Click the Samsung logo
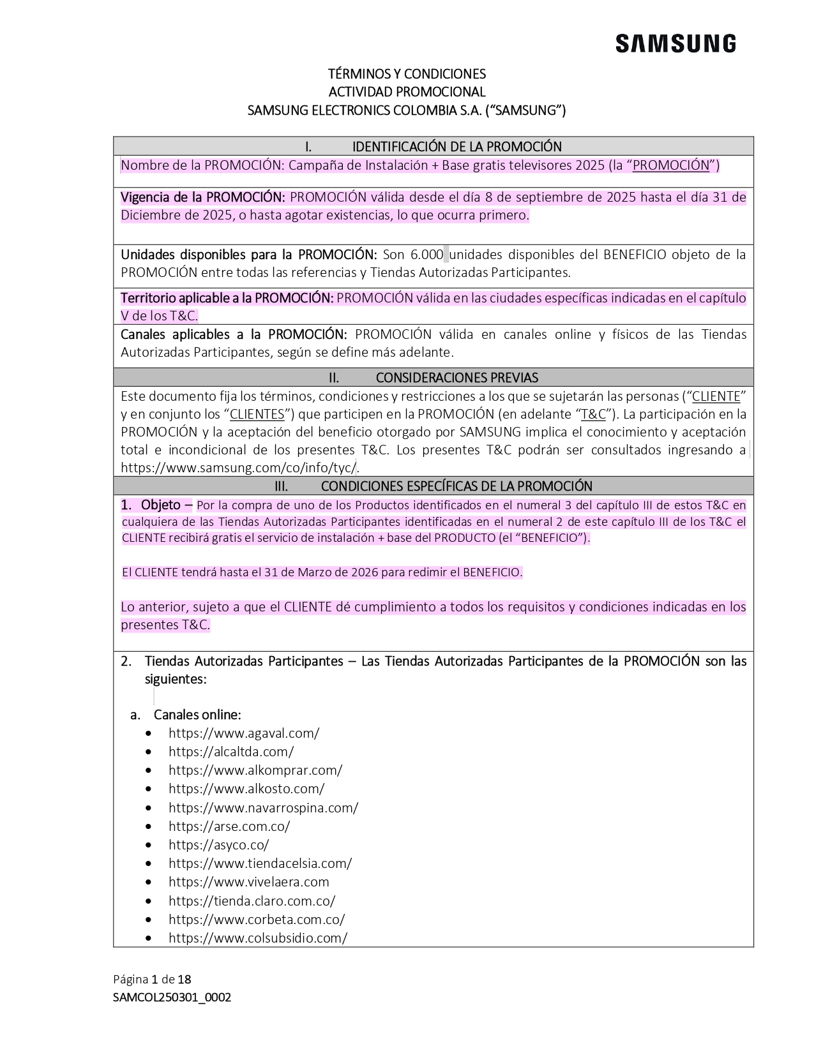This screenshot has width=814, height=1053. [675, 44]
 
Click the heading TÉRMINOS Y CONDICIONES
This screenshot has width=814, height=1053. [407, 74]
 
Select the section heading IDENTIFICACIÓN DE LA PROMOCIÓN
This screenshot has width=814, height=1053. [456, 146]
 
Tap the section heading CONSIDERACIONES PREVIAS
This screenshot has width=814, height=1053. [456, 378]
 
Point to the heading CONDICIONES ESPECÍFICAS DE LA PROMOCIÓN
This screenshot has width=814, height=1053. [456, 486]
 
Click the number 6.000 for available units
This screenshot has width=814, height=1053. [426, 255]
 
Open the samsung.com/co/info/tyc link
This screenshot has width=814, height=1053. [239, 468]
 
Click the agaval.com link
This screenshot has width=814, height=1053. [244, 733]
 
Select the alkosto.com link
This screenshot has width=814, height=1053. [246, 789]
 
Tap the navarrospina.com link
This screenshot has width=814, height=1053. [263, 808]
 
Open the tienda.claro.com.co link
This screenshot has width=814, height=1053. [252, 901]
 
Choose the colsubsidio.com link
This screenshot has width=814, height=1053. [258, 938]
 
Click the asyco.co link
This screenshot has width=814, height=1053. [218, 845]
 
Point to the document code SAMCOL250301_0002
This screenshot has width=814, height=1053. [172, 997]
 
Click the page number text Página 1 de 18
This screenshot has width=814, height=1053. [152, 980]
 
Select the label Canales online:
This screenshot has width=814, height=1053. [197, 715]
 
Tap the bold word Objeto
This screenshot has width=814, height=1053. [161, 505]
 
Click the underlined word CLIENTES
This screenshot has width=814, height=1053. [257, 414]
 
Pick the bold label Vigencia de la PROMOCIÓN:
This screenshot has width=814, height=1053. [202, 197]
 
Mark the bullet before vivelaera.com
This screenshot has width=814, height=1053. [149, 883]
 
